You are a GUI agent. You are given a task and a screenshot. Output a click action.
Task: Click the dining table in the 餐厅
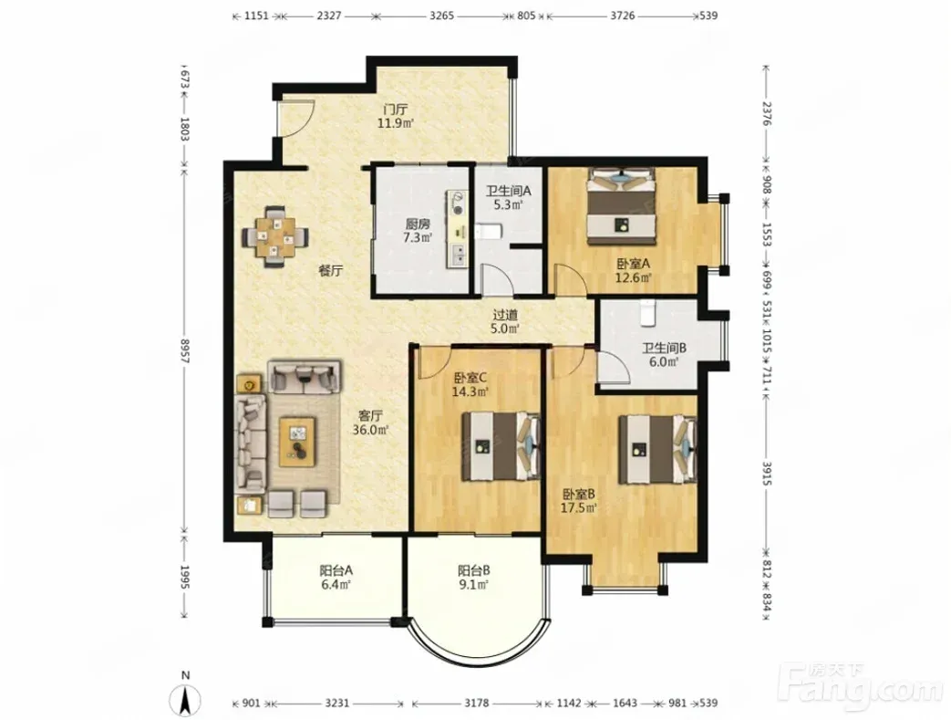pos(275,236)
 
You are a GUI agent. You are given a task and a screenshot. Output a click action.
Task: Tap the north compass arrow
pos(186,699)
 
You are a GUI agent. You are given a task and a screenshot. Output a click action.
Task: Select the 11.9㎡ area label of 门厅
pos(396,123)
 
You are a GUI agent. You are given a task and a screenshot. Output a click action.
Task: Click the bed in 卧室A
pos(621,206)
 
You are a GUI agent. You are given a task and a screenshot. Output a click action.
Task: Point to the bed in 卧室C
pos(501,447)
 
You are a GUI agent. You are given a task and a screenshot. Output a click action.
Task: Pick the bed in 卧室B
pos(656,449)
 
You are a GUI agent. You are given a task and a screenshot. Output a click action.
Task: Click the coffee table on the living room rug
pos(297,442)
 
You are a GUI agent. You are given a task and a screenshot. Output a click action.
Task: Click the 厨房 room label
pos(418,223)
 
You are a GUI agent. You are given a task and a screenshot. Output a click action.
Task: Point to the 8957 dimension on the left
pos(185,351)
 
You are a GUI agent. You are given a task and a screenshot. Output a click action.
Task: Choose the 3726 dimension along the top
pos(622,16)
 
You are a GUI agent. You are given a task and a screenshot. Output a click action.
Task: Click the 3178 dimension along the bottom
pos(477,703)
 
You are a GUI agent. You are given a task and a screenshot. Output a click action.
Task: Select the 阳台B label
pos(474,570)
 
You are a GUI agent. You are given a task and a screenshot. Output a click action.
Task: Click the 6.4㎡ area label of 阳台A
pos(336,585)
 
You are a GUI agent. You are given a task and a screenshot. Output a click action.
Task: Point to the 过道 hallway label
pos(505,315)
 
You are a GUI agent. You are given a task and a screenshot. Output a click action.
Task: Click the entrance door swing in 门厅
pos(295,118)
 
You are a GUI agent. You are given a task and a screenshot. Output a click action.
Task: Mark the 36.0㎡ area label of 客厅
pos(370,430)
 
